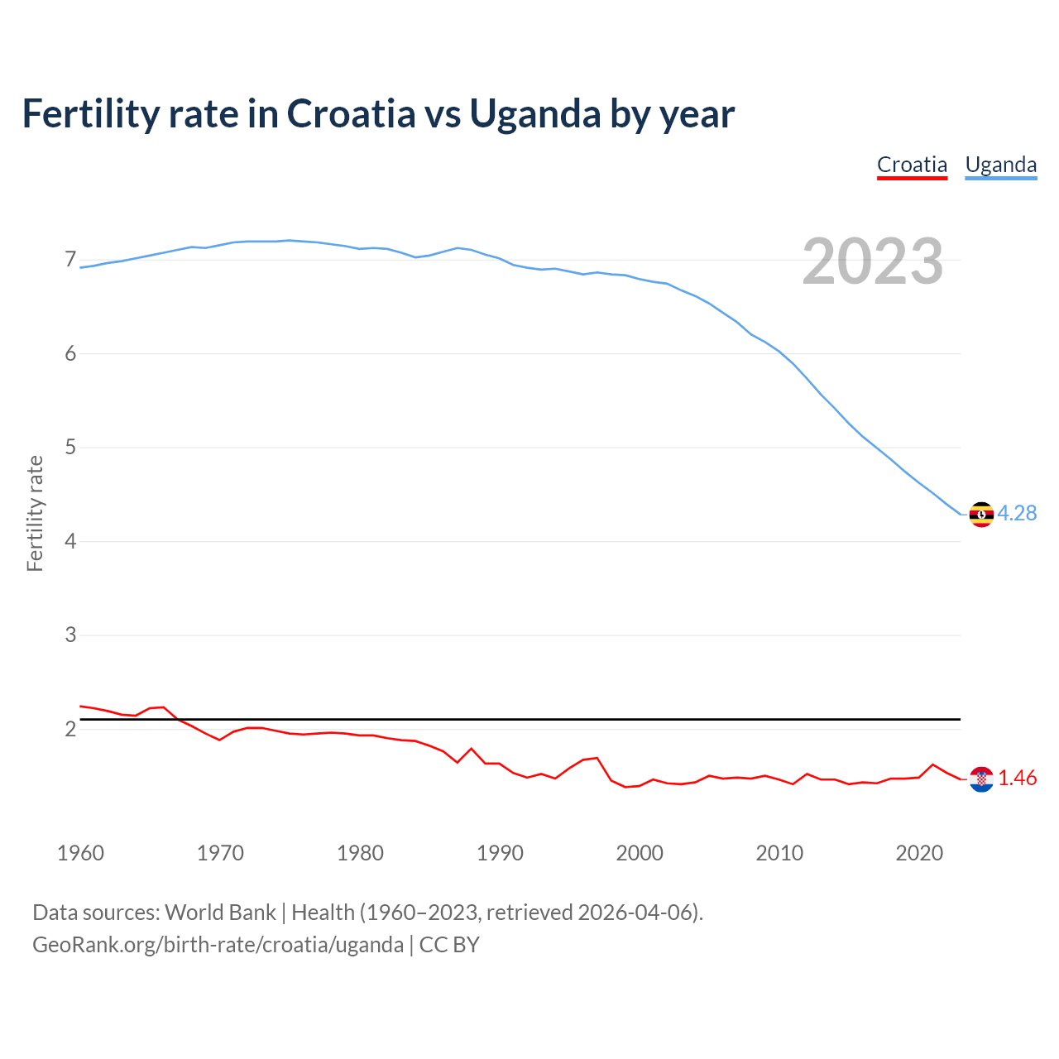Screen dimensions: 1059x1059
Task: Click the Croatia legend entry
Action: tap(912, 165)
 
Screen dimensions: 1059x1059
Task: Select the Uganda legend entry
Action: tap(1000, 165)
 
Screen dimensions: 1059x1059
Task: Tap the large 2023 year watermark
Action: tap(872, 261)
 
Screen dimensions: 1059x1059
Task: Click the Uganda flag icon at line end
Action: tap(980, 514)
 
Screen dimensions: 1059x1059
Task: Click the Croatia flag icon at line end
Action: tap(980, 779)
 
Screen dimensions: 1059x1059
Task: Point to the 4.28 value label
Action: tap(1017, 513)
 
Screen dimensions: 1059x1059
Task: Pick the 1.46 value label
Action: tap(1017, 778)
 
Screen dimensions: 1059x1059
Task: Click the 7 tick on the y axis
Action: tap(70, 260)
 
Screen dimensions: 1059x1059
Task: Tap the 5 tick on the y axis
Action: tap(70, 448)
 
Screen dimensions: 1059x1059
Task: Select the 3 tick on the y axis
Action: tap(70, 635)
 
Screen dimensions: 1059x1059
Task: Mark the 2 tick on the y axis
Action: tap(70, 729)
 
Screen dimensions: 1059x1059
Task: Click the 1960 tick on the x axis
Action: tap(80, 853)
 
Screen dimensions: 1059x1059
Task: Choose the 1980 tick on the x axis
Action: tap(360, 853)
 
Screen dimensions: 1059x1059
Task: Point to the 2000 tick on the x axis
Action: tap(640, 853)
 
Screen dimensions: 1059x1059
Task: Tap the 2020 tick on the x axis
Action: tap(919, 853)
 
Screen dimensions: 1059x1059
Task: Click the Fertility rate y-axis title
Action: tap(35, 513)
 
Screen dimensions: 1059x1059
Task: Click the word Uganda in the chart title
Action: tap(534, 114)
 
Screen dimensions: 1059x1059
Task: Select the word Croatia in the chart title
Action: tap(351, 114)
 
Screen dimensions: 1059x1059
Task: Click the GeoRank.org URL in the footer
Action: tap(218, 945)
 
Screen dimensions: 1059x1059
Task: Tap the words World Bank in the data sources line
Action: tap(220, 913)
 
